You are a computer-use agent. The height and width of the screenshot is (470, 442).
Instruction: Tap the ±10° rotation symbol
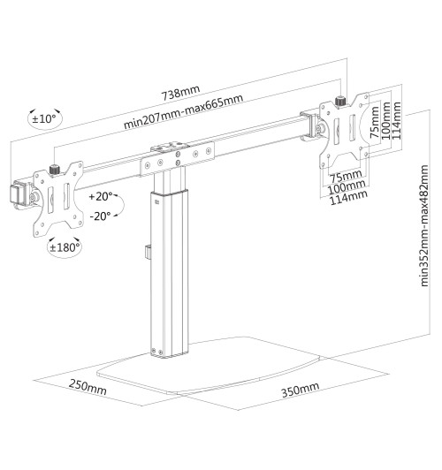(43, 118)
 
